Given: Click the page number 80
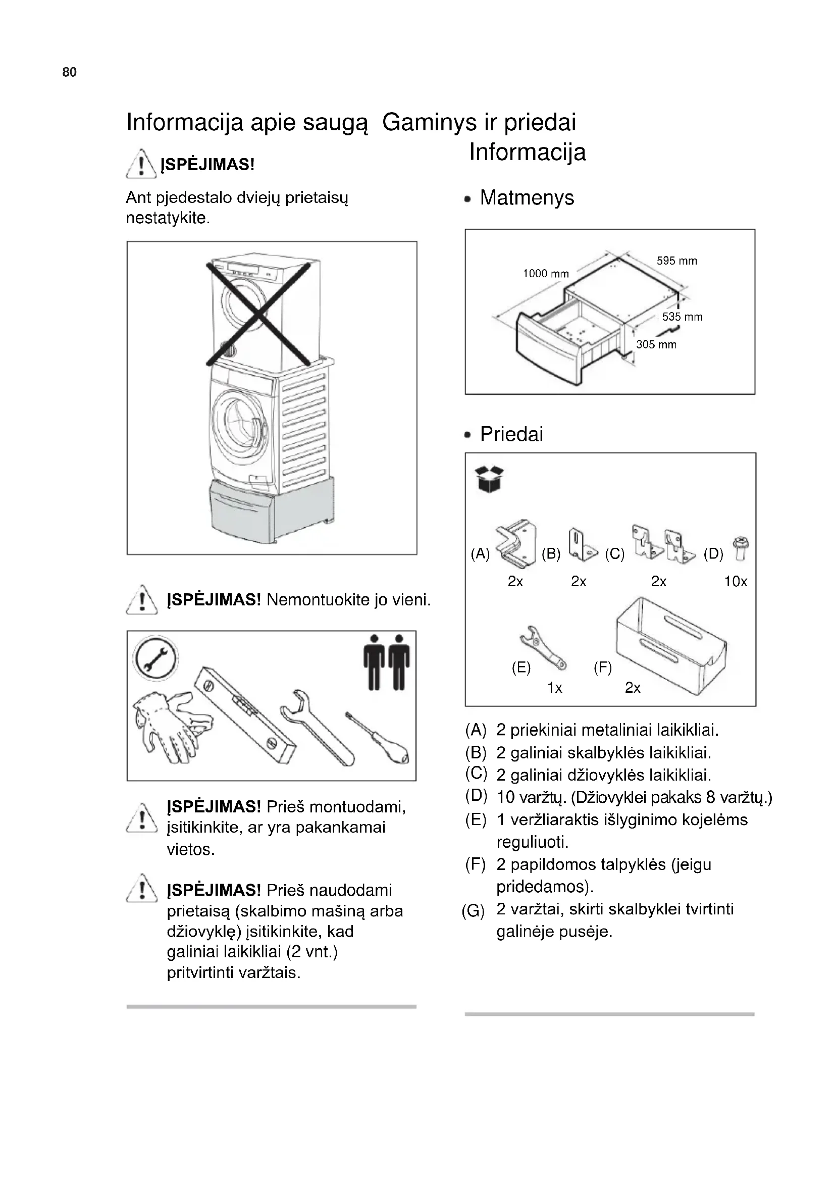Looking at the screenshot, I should coord(69,72).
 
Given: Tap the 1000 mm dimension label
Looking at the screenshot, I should coord(546,274).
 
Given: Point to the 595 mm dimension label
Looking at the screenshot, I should coord(676,261).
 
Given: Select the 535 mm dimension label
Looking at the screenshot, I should coord(683,317).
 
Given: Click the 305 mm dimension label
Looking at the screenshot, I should coord(656,345).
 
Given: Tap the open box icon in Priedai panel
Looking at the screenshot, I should coord(489,479).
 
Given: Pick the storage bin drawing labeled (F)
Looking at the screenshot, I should coord(670,646).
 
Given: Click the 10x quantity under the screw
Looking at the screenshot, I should coord(735,582).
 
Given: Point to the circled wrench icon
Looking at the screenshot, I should coord(155,659).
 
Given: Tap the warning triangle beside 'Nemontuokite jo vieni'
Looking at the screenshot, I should coord(142,601).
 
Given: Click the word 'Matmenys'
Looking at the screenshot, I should coord(527,197).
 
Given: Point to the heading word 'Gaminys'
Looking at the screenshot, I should coord(429,122).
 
